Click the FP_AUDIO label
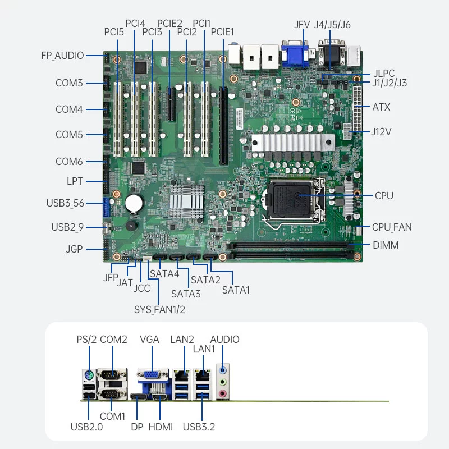click(62, 56)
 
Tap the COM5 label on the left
click(69, 135)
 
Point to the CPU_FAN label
click(392, 227)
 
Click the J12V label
click(381, 132)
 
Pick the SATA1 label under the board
click(236, 290)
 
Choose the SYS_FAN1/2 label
click(159, 309)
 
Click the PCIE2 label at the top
click(169, 24)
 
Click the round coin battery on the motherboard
click(135, 202)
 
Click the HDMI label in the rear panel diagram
click(161, 427)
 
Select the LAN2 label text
click(182, 340)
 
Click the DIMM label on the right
click(385, 245)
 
